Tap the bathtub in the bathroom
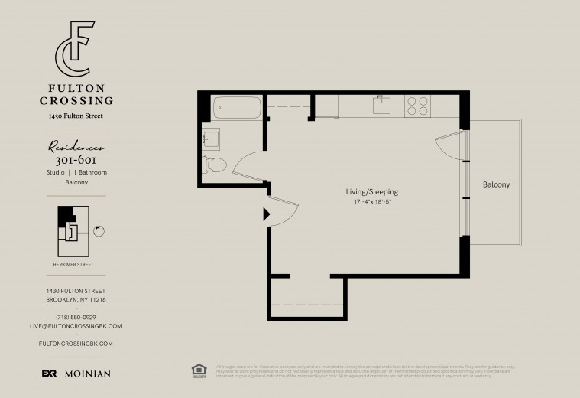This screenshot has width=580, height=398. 236,108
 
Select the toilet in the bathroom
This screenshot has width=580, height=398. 215,163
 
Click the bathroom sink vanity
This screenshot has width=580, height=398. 212,139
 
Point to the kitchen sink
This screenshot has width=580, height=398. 383,105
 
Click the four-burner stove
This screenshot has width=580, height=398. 417,105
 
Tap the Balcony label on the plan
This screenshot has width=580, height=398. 496,185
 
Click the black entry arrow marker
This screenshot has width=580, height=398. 266,214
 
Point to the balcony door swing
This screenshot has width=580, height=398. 449,145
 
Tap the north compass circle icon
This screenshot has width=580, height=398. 98,230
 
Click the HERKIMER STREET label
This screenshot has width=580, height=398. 76,265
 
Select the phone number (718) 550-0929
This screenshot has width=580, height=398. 76,317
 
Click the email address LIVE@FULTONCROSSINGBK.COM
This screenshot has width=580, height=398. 76,326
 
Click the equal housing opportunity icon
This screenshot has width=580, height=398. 199,370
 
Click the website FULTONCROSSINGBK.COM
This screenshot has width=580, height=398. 76,344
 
